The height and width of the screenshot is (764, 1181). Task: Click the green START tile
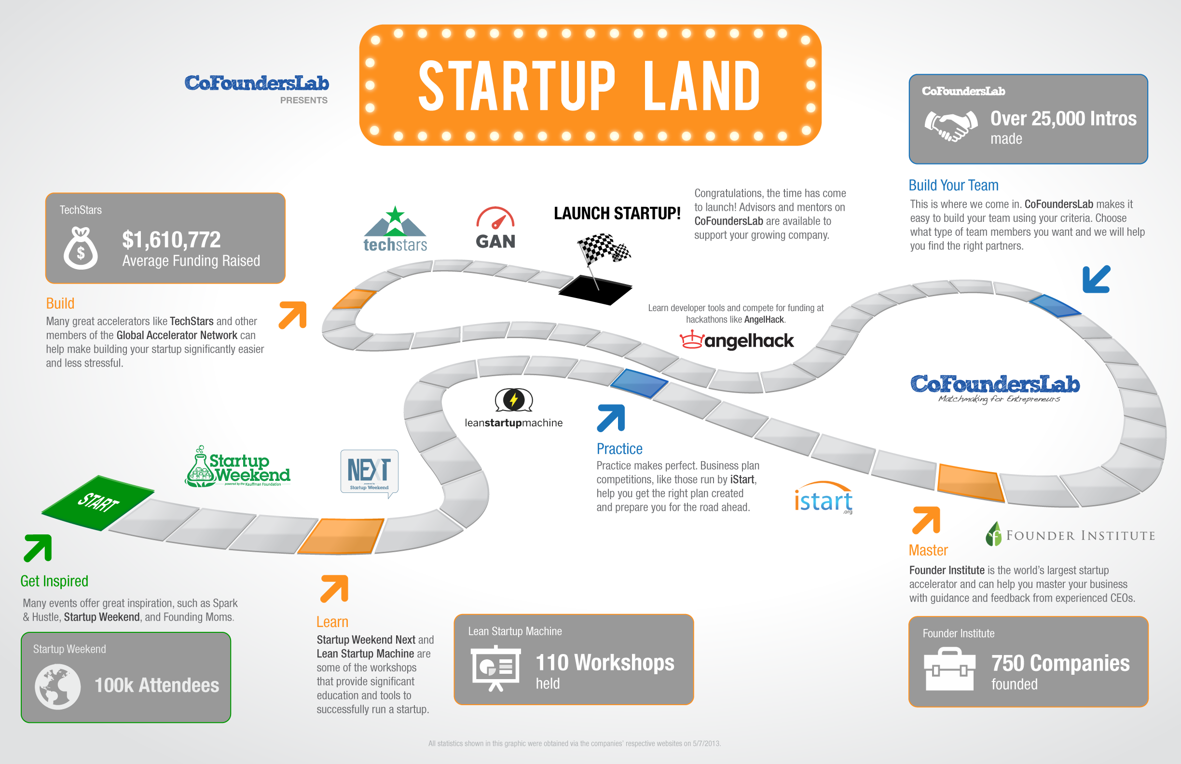[x=98, y=503]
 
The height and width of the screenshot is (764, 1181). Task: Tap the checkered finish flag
[x=603, y=249]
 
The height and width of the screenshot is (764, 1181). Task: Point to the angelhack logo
[x=736, y=341]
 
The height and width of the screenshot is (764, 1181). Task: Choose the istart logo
[x=823, y=499]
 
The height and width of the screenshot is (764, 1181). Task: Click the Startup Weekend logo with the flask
[x=238, y=467]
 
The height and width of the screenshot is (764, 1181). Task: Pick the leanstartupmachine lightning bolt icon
[x=514, y=400]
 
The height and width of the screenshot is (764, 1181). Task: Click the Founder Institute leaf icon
[x=994, y=534]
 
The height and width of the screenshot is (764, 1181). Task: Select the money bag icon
[x=81, y=247]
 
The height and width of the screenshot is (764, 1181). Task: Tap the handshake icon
[x=950, y=126]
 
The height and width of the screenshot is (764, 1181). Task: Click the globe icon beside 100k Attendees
[x=57, y=687]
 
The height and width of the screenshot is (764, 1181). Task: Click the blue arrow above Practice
[x=611, y=418]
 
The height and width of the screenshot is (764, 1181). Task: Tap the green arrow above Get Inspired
[x=38, y=548]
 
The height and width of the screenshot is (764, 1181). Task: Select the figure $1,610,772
[x=171, y=240]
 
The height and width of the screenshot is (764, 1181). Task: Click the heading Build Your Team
[x=953, y=185]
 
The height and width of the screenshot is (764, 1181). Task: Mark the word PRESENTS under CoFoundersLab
[x=303, y=100]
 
